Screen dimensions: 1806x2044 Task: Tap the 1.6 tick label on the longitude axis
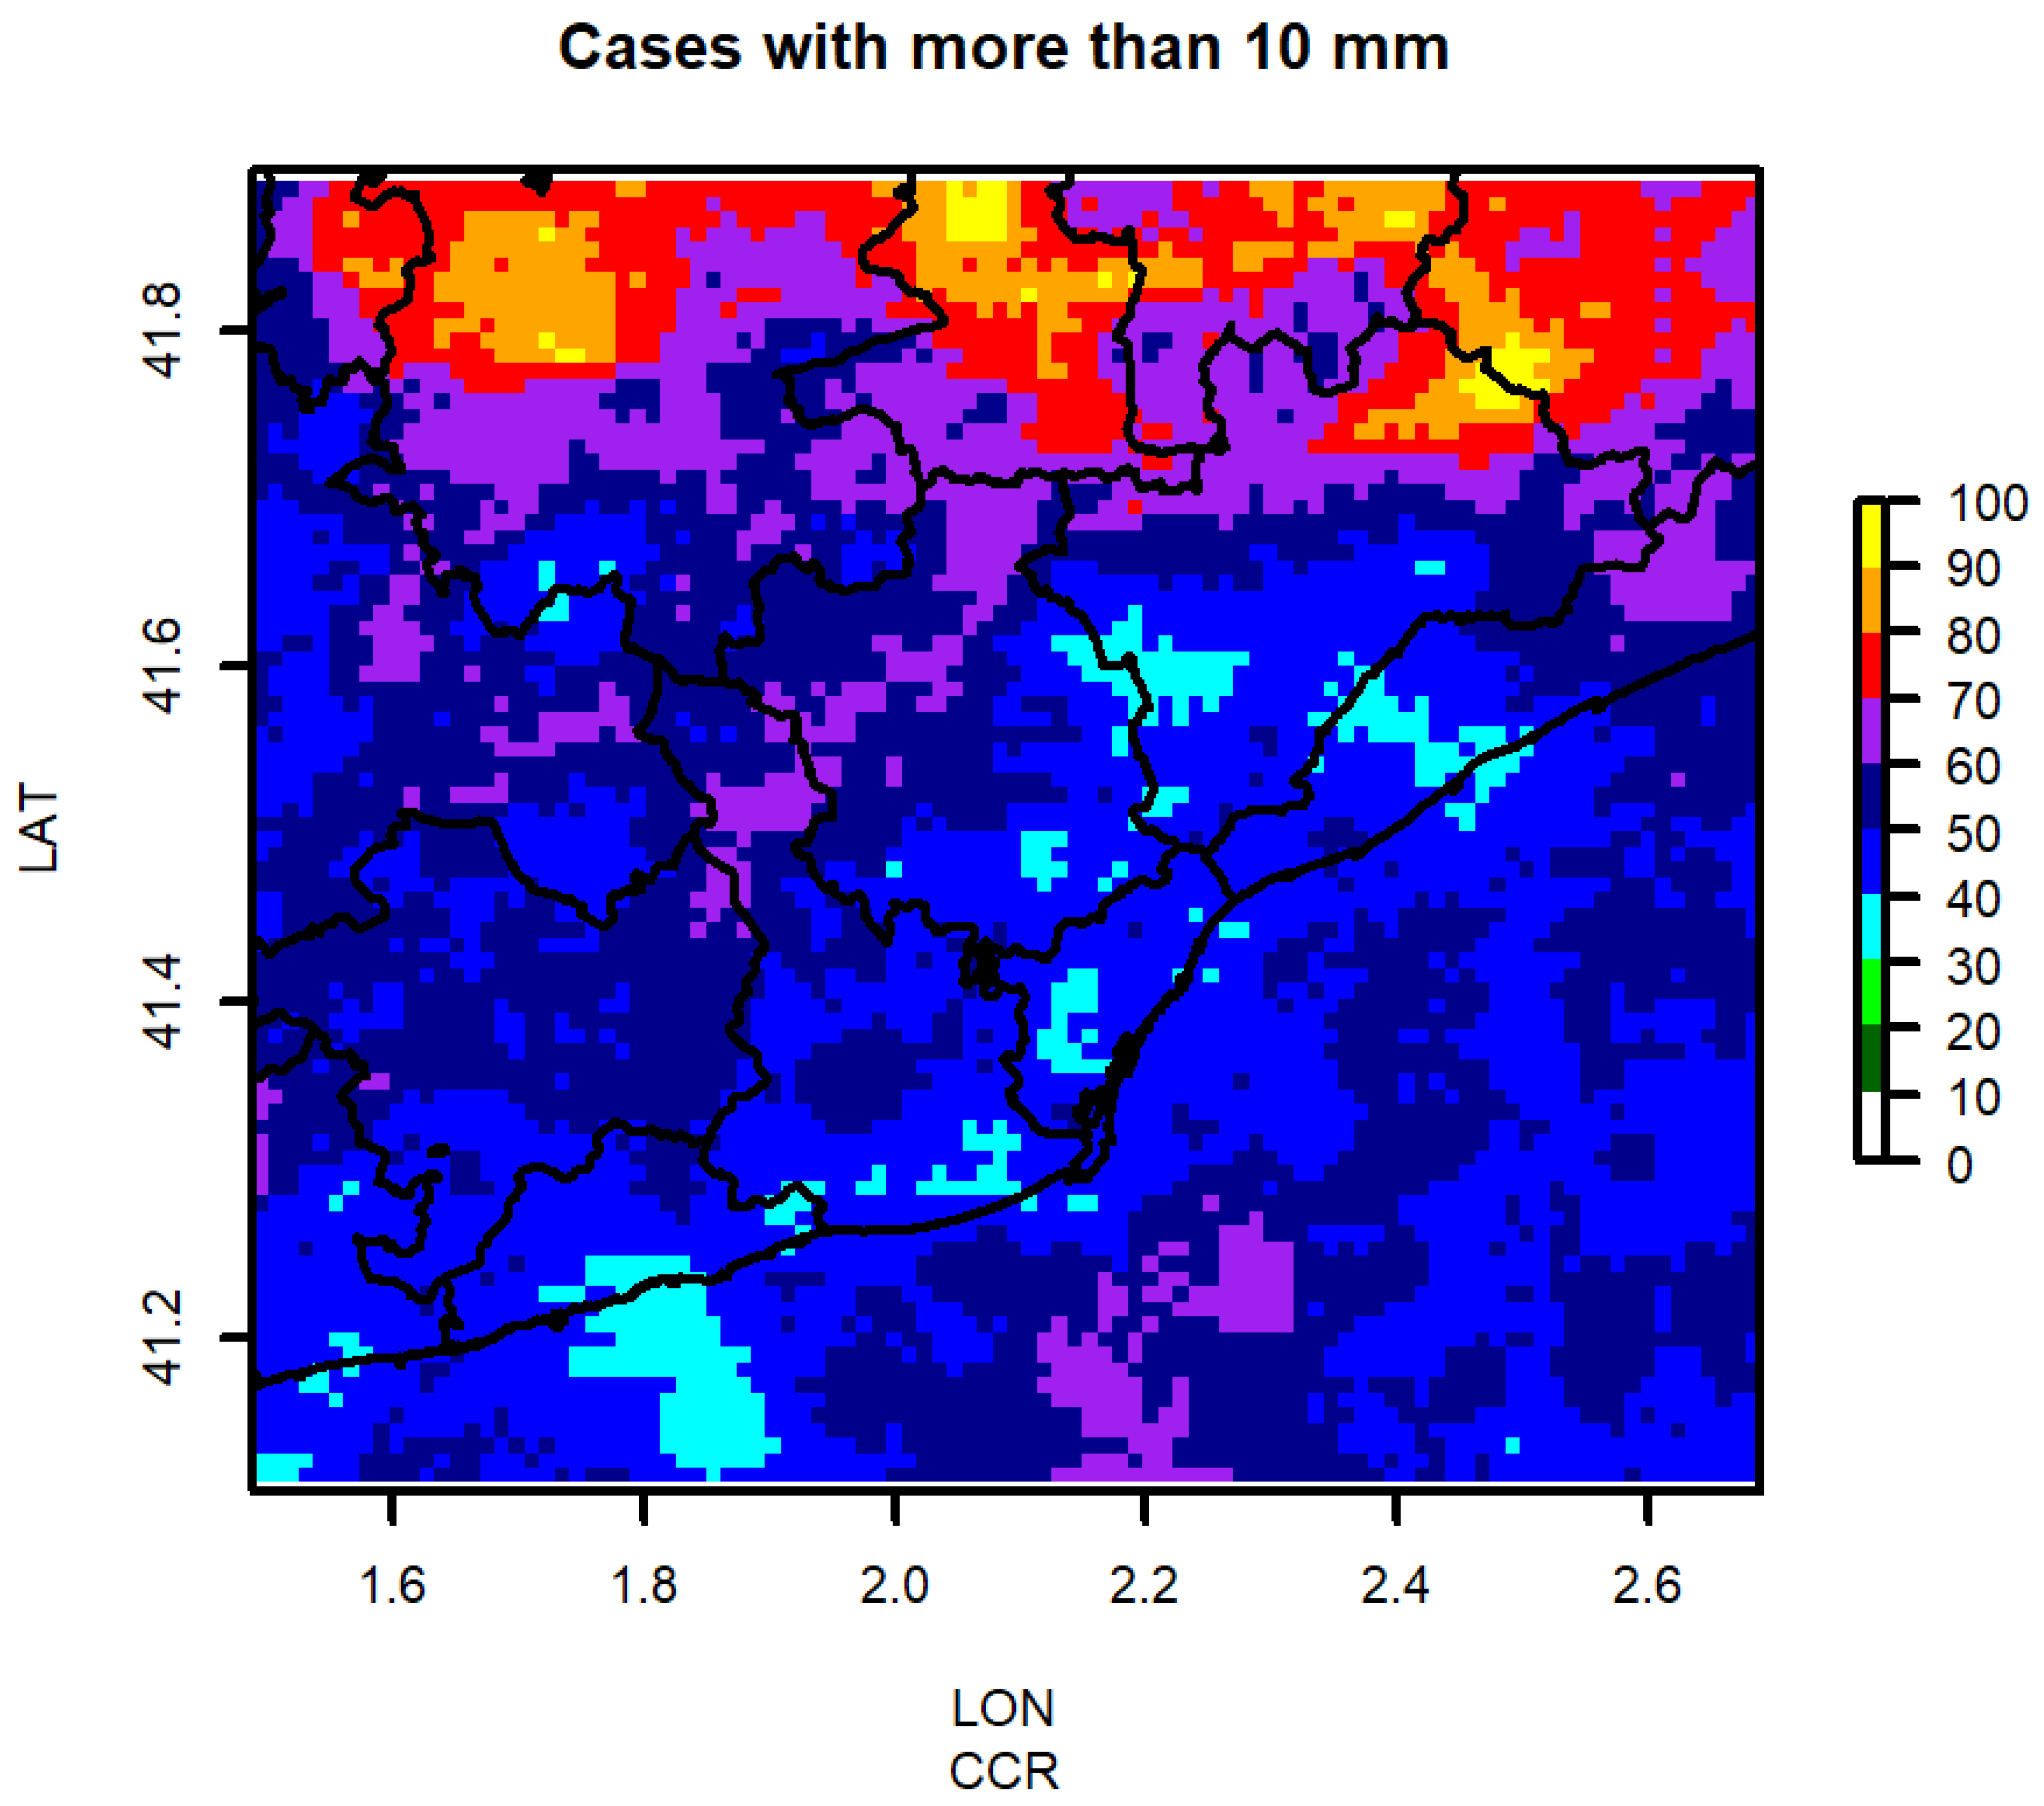pyautogui.click(x=392, y=1585)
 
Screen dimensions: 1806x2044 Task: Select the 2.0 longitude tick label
pyautogui.click(x=895, y=1585)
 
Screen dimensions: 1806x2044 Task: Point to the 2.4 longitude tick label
pyautogui.click(x=1396, y=1585)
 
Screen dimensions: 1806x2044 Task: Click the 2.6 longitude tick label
pyautogui.click(x=1647, y=1585)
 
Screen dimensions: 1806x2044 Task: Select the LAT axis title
pyautogui.click(x=40, y=830)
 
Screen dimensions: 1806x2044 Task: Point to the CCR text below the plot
pyautogui.click(x=1003, y=1772)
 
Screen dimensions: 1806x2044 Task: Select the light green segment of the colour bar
pyautogui.click(x=1869, y=993)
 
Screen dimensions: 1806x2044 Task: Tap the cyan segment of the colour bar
pyautogui.click(x=1869, y=927)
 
